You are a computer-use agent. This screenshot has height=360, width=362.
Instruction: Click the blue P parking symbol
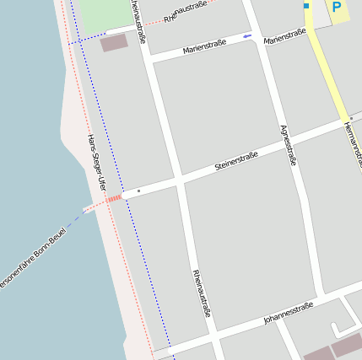337,8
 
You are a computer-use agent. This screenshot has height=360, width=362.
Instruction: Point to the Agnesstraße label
288,144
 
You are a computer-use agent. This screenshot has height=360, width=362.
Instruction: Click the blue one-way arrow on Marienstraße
246,36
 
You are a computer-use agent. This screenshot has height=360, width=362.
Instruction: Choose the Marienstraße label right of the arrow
284,36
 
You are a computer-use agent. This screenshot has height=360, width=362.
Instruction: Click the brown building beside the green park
114,43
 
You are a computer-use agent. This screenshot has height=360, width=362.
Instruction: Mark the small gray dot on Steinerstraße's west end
138,191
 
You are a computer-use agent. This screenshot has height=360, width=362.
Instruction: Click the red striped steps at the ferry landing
114,199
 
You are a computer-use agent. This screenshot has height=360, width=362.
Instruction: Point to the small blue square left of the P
306,6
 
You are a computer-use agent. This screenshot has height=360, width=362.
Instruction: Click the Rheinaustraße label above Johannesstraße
202,293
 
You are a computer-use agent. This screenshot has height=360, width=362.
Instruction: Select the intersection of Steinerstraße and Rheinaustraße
180,180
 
